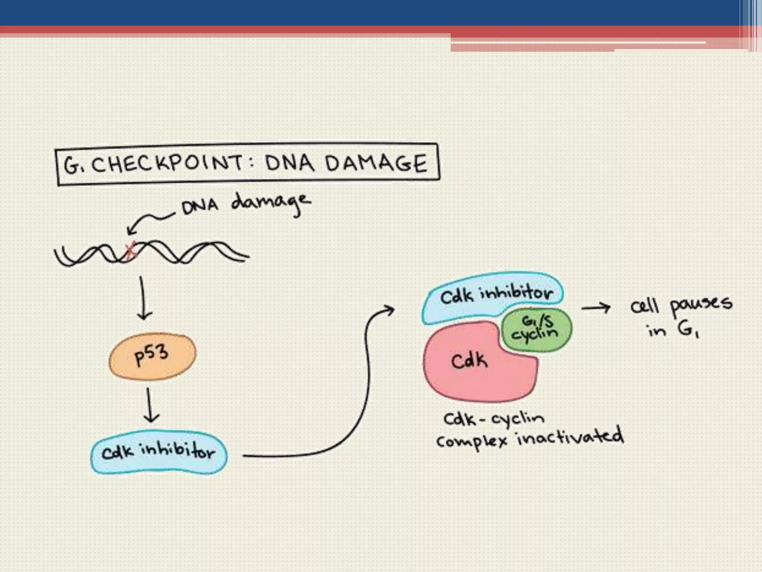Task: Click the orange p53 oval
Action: click(x=152, y=356)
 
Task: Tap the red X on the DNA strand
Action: click(x=131, y=251)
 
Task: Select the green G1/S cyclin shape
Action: click(x=537, y=330)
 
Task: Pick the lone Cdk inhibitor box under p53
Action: click(x=159, y=452)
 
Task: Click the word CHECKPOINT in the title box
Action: click(x=167, y=164)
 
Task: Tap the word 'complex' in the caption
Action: click(x=472, y=441)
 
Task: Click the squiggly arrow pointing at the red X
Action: click(x=149, y=222)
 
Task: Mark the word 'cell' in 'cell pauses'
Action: click(x=644, y=307)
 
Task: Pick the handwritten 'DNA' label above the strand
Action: click(x=199, y=207)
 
